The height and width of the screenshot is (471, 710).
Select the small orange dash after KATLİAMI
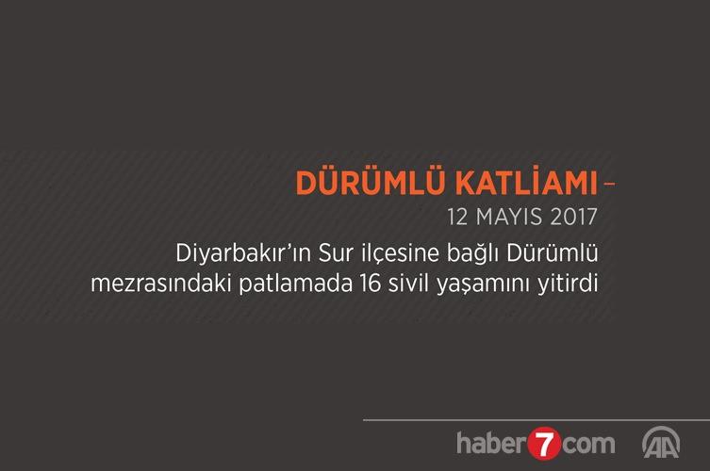pos(609,184)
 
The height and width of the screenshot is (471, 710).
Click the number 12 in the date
pos(457,217)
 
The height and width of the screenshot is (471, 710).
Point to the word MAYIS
pos(509,217)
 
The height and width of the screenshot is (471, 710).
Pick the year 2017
pos(574,217)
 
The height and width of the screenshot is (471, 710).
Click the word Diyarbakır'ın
pos(243,253)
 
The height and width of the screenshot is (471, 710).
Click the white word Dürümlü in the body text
pos(553,252)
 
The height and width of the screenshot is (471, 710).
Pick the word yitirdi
pos(568,284)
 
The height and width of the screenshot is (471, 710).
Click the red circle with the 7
pos(544,444)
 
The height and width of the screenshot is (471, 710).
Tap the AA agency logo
pos(661,442)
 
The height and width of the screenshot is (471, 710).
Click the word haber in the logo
pos(492,443)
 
